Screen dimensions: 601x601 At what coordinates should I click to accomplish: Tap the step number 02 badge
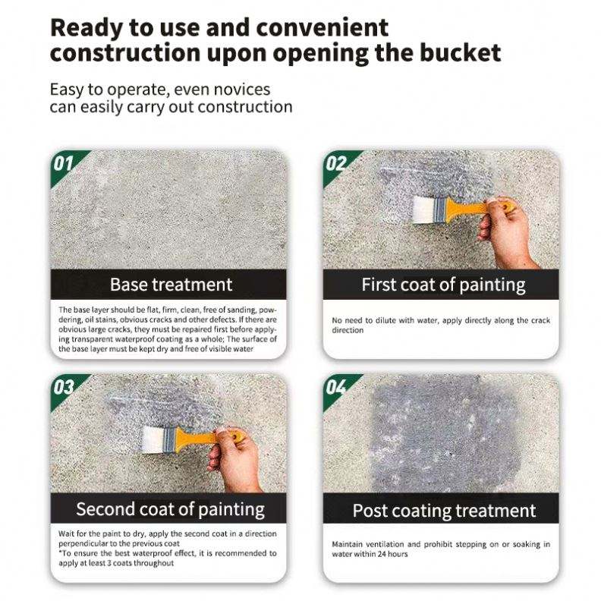pos(336,164)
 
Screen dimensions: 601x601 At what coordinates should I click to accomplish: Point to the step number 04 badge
pos(336,388)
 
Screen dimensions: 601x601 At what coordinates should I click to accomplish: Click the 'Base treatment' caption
pos(171,285)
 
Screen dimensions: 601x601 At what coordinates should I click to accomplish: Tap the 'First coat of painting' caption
pos(443,285)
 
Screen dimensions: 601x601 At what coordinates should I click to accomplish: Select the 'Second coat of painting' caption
pos(171,510)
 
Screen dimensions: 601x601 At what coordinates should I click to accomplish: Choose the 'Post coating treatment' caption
pos(444,511)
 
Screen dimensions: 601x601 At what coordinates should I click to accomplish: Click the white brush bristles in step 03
pos(153,439)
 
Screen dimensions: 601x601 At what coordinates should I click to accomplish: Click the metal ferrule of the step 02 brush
pos(439,209)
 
